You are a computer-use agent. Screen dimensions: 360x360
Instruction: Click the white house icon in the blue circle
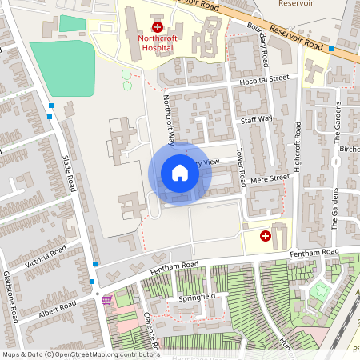click(x=179, y=173)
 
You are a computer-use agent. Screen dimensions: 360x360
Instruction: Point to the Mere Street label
click(x=269, y=178)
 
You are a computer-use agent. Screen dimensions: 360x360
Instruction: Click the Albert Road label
click(x=58, y=310)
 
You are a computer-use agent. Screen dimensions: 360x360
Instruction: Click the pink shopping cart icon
click(x=106, y=299)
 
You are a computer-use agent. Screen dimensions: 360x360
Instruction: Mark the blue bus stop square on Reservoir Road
click(x=331, y=48)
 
